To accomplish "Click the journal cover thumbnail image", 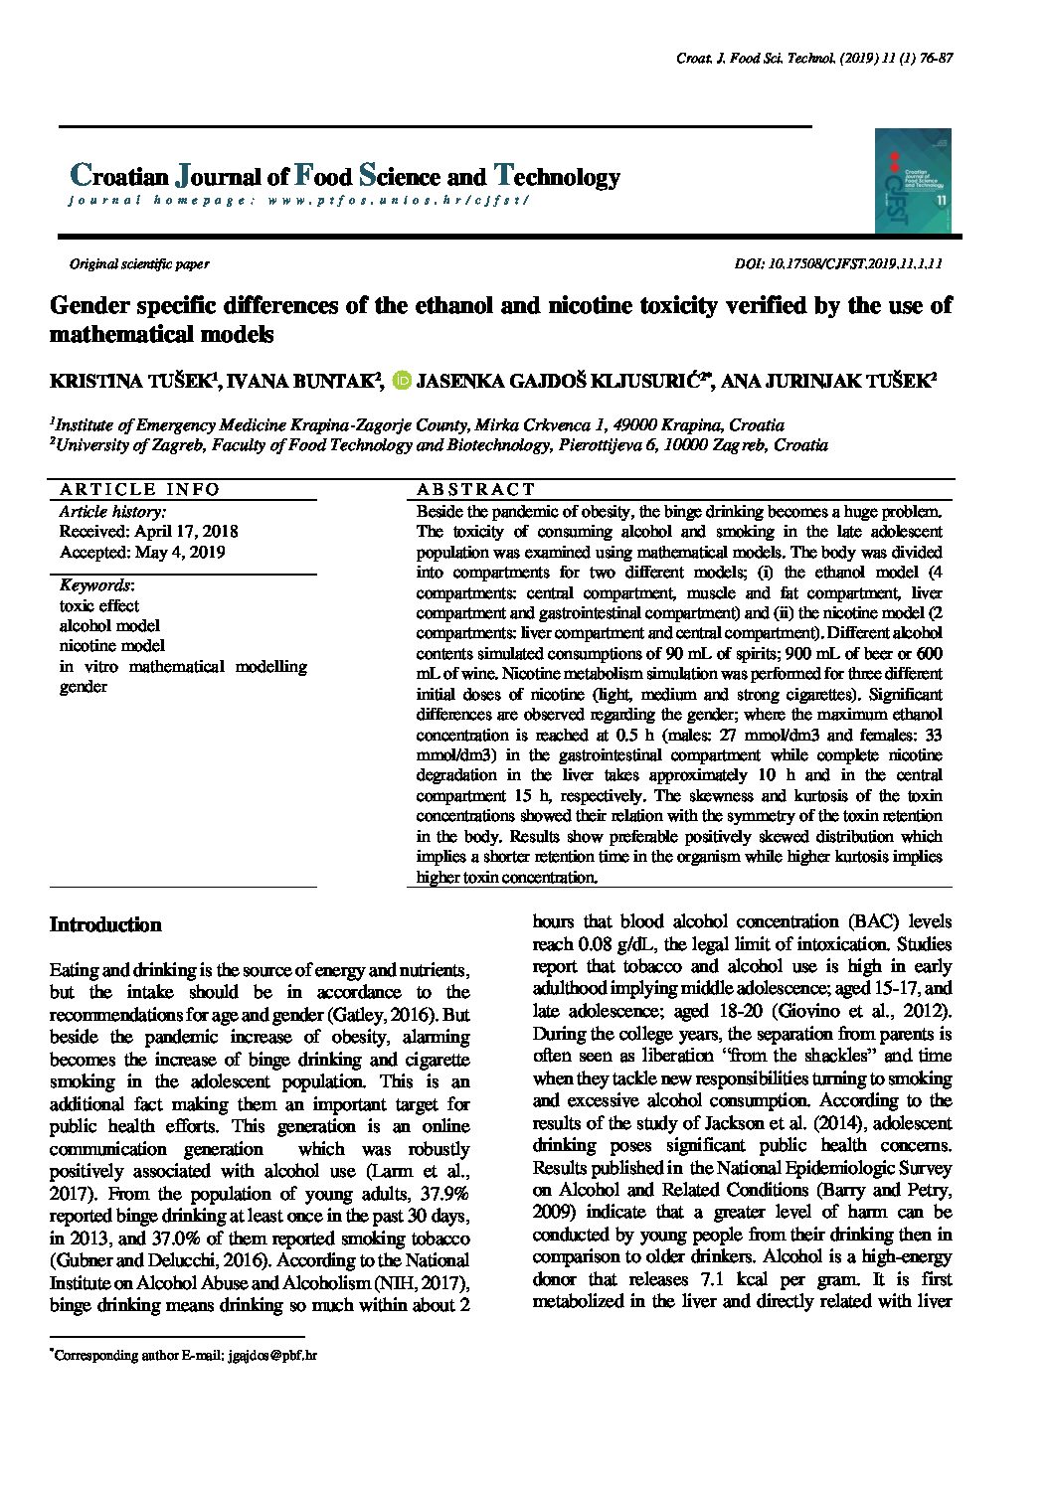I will (x=913, y=180).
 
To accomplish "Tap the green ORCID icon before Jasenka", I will (x=403, y=380).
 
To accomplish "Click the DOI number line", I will (x=837, y=263).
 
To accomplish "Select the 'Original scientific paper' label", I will (x=138, y=263).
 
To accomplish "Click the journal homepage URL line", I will (x=298, y=200).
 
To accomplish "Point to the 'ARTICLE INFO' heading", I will (x=139, y=489).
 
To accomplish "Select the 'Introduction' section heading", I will (x=105, y=924).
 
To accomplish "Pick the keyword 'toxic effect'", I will (x=98, y=605).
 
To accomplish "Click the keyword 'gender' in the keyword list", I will (x=83, y=686).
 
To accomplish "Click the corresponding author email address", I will (x=271, y=1355).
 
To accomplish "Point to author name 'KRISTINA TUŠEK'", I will (x=129, y=381).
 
